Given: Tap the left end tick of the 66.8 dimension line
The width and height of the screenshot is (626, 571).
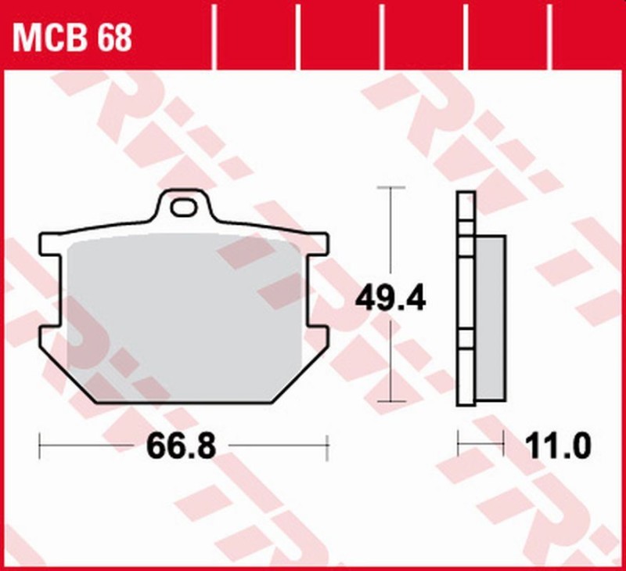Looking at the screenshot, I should pos(40,446).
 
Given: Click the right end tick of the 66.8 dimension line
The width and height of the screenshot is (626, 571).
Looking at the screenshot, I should pos(327,446).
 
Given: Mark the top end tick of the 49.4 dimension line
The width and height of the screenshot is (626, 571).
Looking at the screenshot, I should pos(390,188).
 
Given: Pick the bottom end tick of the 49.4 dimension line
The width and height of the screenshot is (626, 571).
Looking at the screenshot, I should pos(390,401).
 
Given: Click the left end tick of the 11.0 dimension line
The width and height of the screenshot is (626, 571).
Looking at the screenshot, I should pos(459,447).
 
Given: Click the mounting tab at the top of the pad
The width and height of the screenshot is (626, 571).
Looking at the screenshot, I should pos(185,208).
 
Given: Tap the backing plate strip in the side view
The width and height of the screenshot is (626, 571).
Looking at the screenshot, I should pos(466,298).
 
